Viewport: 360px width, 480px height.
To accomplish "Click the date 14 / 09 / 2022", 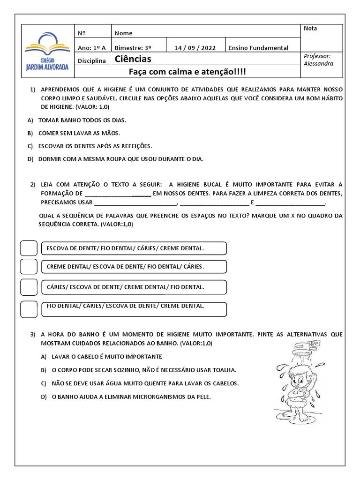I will tap(195, 48).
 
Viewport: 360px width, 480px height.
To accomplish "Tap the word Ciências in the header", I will tap(133, 60).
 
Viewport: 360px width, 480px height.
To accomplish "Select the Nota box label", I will tap(310, 29).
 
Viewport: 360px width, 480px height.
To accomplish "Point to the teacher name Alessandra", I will tap(318, 63).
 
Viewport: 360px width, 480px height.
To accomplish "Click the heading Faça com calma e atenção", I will tap(187, 72).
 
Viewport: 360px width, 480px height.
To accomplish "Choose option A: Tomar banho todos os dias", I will tap(82, 120).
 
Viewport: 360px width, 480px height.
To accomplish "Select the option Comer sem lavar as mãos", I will tap(79, 133).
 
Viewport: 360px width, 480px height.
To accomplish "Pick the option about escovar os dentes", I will tap(95, 146).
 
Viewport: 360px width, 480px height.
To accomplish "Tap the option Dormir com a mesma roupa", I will tap(120, 159).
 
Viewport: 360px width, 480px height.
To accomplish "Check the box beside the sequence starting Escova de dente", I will tap(29, 248).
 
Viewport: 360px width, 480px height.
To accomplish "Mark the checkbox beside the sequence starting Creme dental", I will tap(29, 267).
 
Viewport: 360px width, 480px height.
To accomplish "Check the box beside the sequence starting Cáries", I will tap(29, 286).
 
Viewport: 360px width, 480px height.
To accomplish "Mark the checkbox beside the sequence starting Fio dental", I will tap(29, 308).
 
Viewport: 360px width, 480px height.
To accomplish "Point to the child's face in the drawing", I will tap(299, 375).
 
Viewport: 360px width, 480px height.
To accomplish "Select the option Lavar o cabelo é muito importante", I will tap(100, 357).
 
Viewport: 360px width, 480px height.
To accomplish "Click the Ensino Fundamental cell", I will tap(258, 48).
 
